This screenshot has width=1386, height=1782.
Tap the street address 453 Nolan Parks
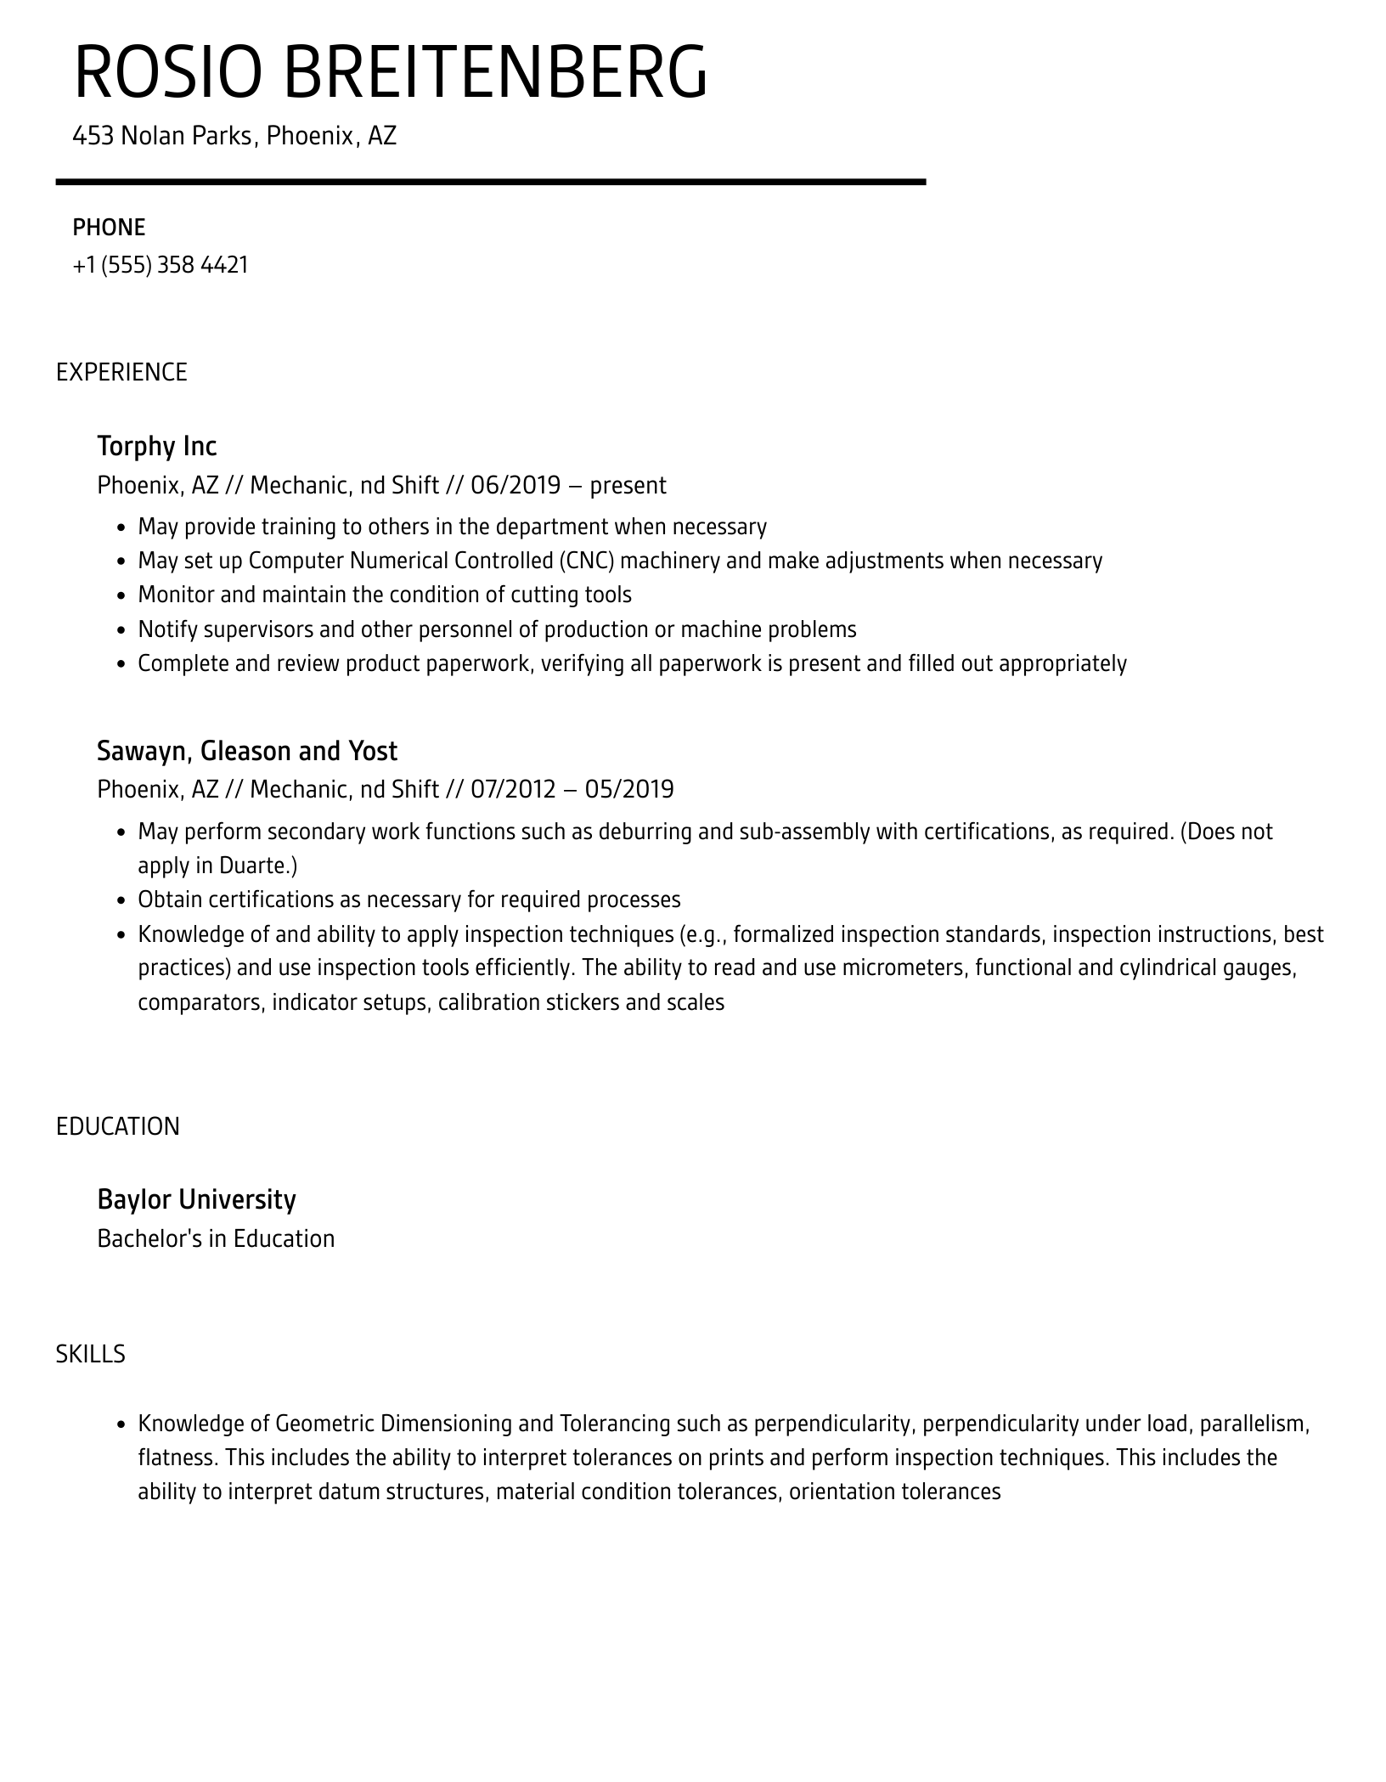(x=161, y=136)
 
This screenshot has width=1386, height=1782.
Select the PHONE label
(x=109, y=228)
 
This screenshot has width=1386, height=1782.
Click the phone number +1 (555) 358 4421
(x=161, y=265)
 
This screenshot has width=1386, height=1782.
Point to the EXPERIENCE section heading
(x=121, y=372)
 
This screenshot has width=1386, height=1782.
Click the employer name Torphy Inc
(x=157, y=446)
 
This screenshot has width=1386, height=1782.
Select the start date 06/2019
(x=516, y=485)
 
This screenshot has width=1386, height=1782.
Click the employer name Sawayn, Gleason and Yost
(x=247, y=751)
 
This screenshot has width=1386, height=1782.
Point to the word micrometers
(x=904, y=967)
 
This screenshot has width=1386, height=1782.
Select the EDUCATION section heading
(x=118, y=1126)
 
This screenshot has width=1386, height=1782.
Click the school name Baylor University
(x=197, y=1199)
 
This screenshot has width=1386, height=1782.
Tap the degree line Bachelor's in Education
(x=216, y=1238)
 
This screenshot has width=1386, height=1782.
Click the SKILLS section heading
(x=91, y=1354)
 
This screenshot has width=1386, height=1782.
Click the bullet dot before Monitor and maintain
(x=121, y=595)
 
